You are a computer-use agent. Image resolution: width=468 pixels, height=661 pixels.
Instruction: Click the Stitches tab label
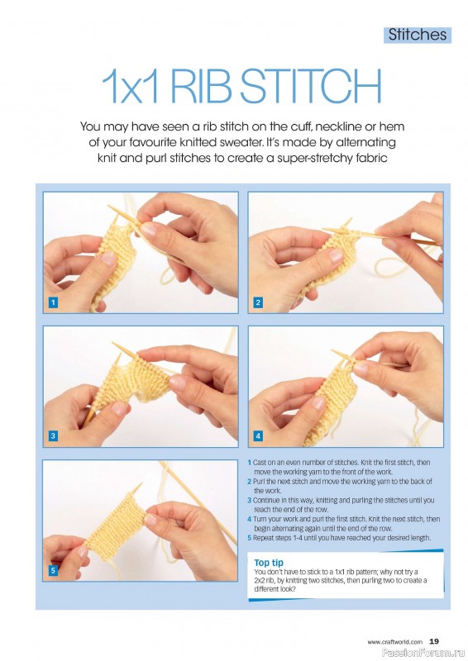(x=418, y=35)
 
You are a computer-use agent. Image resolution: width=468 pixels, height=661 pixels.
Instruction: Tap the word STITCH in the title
(x=311, y=86)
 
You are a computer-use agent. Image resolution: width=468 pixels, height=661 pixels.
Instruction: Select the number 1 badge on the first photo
(x=53, y=302)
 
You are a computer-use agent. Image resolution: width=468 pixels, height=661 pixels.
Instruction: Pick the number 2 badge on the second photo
(x=258, y=302)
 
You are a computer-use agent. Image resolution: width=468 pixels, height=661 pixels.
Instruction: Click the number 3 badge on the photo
(x=53, y=436)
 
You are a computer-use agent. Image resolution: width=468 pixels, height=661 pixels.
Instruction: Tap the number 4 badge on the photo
(x=258, y=436)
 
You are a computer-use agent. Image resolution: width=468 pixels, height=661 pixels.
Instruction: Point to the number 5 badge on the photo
(x=53, y=570)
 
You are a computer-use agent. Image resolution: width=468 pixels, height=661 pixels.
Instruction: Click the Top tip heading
(x=269, y=563)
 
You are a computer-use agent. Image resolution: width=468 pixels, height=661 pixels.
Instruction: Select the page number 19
(x=434, y=642)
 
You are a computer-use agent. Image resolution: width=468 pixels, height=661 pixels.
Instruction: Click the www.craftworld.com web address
(x=394, y=642)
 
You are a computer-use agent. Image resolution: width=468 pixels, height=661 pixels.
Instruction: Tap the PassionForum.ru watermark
(x=423, y=654)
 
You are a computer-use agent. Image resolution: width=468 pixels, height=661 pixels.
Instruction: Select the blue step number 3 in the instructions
(x=250, y=501)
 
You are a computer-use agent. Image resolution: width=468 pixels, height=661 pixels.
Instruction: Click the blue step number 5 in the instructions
(x=250, y=538)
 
